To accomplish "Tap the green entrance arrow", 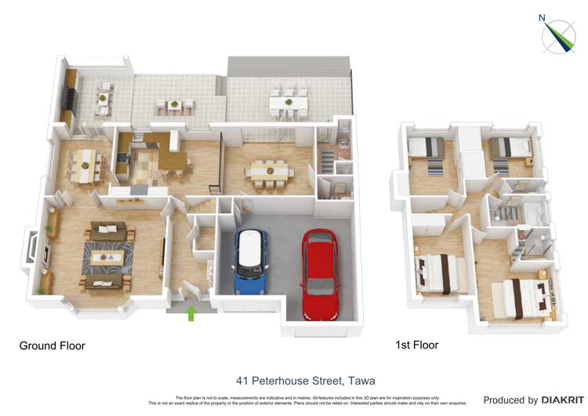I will coord(190,314).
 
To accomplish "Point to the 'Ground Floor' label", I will coord(52,345).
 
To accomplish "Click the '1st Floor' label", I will coord(417,345).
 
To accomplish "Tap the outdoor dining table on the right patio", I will coord(289,102).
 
